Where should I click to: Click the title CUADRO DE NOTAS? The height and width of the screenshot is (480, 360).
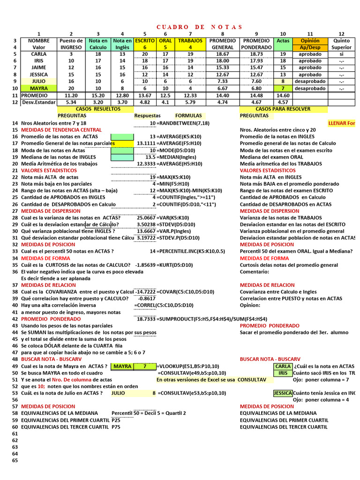(199, 27)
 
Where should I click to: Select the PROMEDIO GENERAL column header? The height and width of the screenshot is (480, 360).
(223, 44)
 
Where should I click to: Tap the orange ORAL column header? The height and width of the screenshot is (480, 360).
(165, 44)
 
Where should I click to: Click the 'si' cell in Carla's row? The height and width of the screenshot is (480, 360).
(341, 54)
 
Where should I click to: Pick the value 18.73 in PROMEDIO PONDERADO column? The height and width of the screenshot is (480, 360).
(256, 54)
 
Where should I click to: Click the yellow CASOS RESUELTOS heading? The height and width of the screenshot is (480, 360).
(98, 109)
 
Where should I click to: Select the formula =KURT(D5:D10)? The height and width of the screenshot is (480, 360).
(174, 265)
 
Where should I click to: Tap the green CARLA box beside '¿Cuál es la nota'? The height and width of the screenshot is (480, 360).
(283, 366)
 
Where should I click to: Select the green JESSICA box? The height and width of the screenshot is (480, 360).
(283, 393)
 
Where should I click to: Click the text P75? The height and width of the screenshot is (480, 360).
(116, 427)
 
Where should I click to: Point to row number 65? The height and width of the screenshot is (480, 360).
(15, 460)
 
